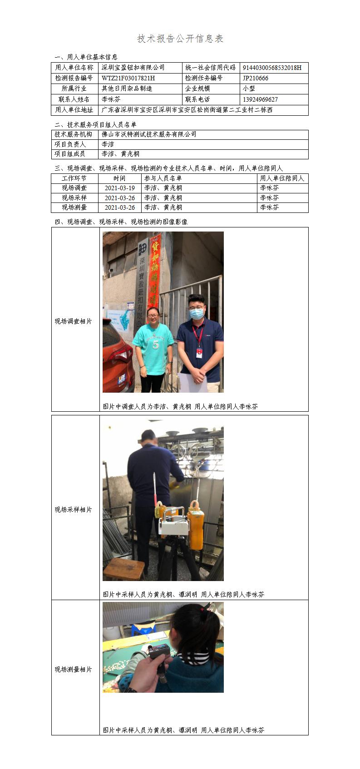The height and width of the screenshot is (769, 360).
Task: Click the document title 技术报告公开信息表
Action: (x=180, y=39)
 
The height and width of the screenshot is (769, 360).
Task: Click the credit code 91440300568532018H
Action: (x=272, y=68)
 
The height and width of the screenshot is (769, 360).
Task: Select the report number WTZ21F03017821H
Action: (x=128, y=78)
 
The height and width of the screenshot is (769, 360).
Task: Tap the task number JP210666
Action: (x=255, y=78)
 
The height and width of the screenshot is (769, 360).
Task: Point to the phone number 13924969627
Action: (x=260, y=99)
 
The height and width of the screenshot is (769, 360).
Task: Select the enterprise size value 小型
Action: (x=248, y=89)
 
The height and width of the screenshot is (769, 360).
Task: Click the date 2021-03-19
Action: (x=120, y=188)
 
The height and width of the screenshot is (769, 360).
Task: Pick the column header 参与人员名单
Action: (x=163, y=178)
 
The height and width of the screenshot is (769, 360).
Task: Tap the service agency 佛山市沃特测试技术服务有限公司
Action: (x=149, y=134)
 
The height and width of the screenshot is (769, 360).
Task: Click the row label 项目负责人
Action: (x=70, y=144)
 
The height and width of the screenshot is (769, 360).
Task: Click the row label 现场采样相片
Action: (x=73, y=509)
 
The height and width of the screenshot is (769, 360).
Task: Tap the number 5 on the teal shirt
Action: (x=155, y=345)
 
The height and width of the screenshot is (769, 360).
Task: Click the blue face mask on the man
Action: (x=197, y=313)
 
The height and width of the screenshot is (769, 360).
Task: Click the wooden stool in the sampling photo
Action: (x=124, y=569)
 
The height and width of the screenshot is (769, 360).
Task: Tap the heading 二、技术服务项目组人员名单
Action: (x=95, y=125)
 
